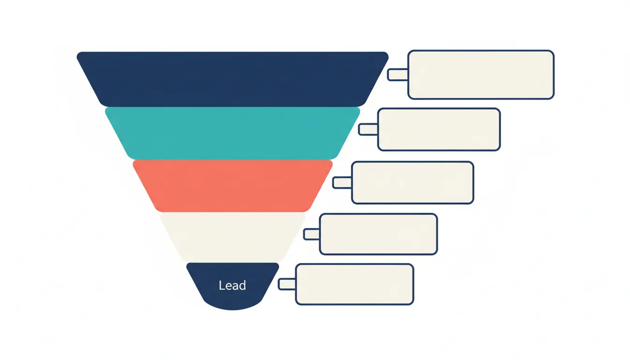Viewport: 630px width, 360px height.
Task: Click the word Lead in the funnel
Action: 232,285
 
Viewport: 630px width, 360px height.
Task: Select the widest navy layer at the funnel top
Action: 232,79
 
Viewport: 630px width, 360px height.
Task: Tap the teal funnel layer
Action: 232,133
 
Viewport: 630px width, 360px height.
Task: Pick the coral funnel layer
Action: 232,186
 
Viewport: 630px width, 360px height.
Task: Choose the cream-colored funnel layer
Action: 232,237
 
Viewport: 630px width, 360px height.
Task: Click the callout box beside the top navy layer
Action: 481,75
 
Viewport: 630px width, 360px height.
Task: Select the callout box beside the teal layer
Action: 439,129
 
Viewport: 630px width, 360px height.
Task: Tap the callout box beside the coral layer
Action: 412,182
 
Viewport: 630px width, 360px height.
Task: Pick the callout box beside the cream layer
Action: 379,234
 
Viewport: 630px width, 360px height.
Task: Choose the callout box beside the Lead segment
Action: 355,284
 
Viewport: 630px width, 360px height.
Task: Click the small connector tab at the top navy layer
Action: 397,75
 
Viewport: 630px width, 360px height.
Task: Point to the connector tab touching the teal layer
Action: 368,129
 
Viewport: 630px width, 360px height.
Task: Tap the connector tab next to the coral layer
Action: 342,182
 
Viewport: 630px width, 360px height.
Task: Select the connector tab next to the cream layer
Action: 312,234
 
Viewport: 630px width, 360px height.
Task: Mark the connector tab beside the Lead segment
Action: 287,284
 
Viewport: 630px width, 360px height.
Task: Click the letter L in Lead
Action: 222,285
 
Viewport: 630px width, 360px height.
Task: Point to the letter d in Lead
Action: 242,285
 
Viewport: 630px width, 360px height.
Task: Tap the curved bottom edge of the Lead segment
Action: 232,310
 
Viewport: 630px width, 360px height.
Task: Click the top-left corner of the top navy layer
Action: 78,53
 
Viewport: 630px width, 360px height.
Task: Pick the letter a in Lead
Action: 235,286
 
